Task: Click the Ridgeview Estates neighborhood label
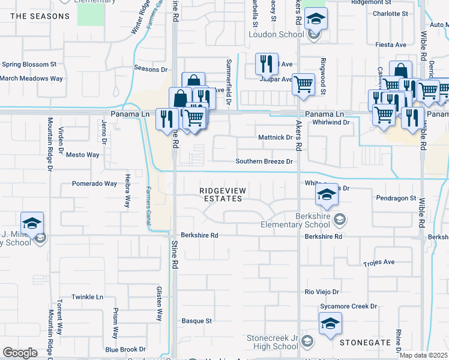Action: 223,194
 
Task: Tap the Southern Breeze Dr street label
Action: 264,161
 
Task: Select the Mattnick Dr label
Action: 274,137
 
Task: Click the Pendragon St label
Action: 396,197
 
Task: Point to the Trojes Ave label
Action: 379,262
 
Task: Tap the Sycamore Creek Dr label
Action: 348,306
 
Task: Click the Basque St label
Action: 197,321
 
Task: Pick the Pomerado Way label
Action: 94,184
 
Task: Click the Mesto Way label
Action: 82,155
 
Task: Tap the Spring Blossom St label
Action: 29,64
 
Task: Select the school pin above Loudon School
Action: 316,20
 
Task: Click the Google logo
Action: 20,352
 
